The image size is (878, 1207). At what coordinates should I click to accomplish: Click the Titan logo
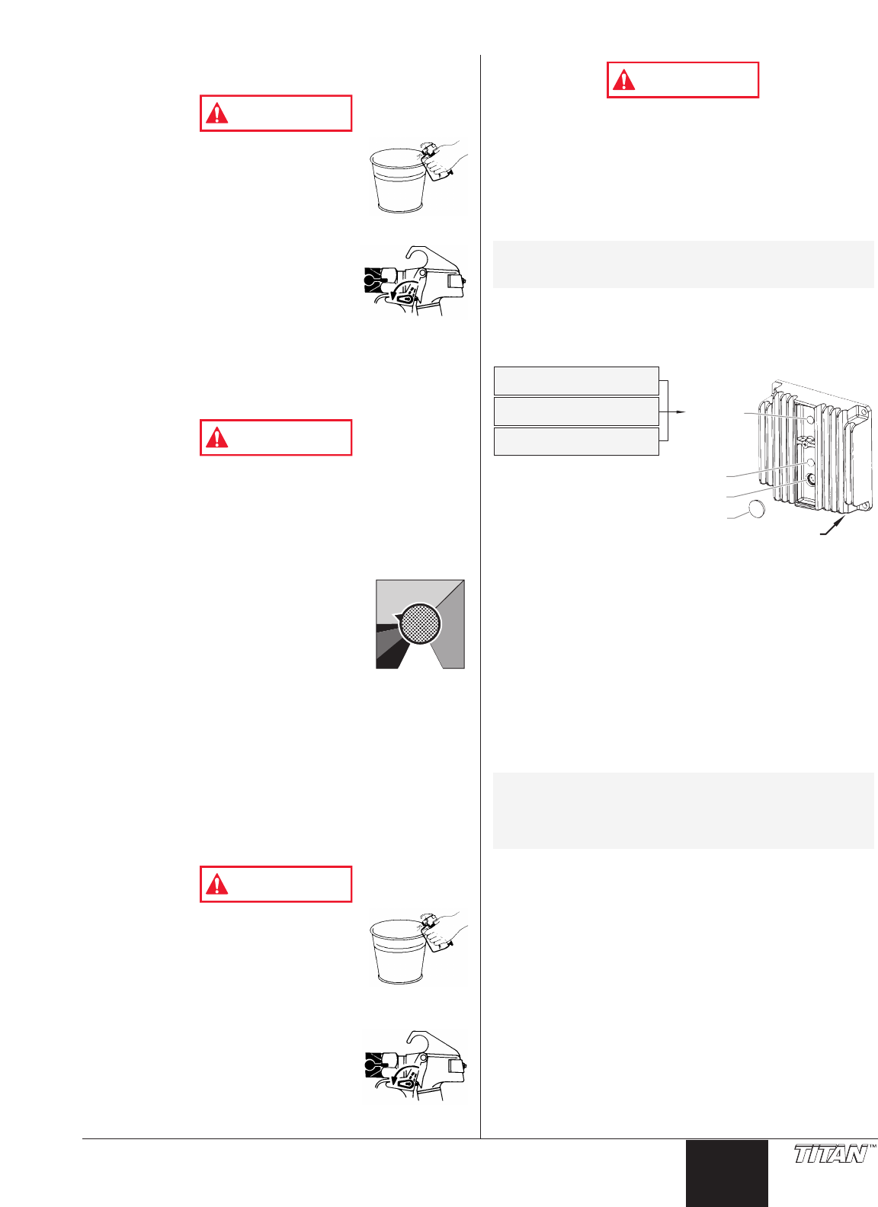[831, 1154]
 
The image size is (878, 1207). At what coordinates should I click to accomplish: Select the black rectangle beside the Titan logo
[726, 1173]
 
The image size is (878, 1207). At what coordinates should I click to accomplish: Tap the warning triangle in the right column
[624, 80]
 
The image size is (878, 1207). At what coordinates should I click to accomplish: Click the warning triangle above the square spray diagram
[217, 437]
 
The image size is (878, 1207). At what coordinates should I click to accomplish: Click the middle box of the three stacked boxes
[576, 411]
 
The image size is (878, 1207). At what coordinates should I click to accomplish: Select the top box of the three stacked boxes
[576, 380]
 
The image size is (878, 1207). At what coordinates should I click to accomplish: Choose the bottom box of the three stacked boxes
[576, 441]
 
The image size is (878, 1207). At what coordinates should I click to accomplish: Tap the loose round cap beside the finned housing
[755, 510]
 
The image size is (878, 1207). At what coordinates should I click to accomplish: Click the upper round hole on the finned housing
[810, 419]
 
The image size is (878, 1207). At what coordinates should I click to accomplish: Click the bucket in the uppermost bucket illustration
[396, 183]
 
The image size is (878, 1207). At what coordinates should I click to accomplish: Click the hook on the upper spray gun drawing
[416, 255]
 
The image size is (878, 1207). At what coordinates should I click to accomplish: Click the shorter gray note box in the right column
[683, 264]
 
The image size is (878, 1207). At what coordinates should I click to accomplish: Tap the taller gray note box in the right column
[683, 811]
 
